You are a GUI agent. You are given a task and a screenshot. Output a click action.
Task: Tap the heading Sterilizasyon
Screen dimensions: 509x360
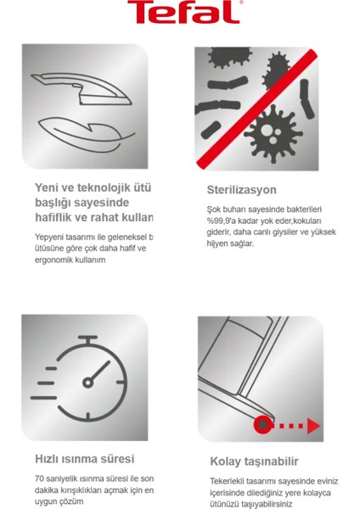point(242,189)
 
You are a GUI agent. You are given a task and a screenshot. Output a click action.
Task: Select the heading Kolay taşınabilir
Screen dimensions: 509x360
point(255,461)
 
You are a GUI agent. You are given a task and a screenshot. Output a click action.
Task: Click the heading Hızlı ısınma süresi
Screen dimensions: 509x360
point(84,459)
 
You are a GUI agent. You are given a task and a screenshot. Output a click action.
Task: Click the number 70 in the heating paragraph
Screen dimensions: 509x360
point(41,478)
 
